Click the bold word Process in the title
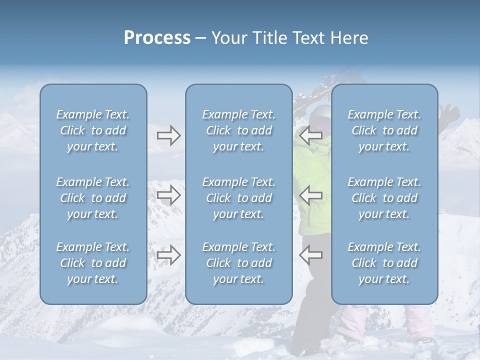[157, 38]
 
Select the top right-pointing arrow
[168, 135]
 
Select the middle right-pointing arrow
[168, 195]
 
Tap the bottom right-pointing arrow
[168, 254]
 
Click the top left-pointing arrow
[310, 135]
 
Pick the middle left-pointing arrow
[310, 195]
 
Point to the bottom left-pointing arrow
[310, 254]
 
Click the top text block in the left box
[93, 130]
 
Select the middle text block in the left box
[93, 198]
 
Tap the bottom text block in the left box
[93, 263]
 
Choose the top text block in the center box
[238, 130]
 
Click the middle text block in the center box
[238, 198]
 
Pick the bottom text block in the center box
[238, 263]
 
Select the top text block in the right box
[384, 130]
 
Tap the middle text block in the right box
[384, 198]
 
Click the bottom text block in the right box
[384, 263]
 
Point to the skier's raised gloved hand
[451, 114]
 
